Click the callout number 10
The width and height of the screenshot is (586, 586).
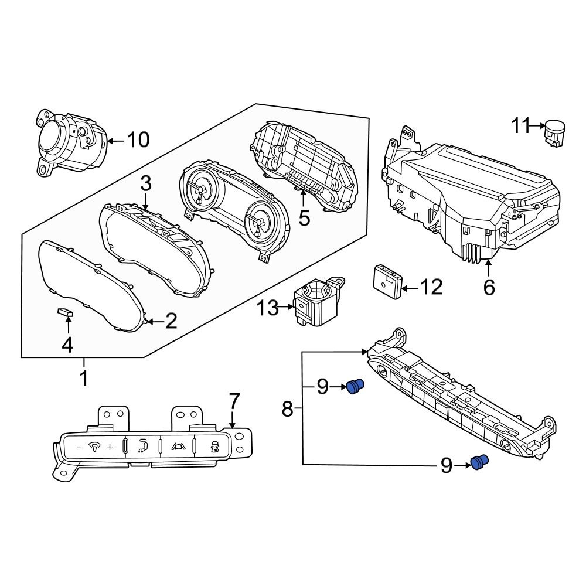[138, 140]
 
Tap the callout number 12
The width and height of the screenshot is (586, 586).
[431, 288]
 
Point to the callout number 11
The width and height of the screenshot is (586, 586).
[520, 125]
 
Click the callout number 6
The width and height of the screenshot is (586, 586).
[489, 288]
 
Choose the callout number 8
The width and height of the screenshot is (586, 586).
[287, 408]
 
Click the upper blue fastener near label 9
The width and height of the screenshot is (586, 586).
[355, 386]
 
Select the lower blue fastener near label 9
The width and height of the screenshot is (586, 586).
[480, 463]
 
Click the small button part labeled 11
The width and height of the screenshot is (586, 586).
[554, 132]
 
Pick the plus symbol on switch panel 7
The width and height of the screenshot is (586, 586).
[109, 448]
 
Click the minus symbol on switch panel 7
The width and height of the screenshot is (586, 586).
[79, 447]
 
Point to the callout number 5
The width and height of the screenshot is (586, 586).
[304, 217]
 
